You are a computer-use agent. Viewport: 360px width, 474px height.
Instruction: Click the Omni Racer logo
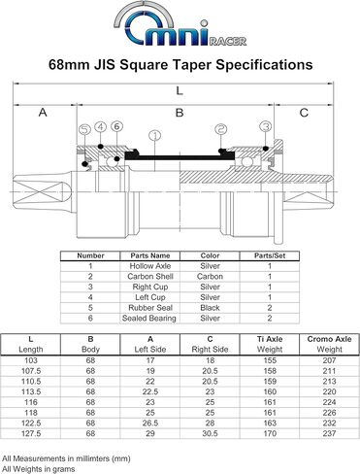[x=180, y=26]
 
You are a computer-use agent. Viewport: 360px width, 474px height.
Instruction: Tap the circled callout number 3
[x=265, y=126]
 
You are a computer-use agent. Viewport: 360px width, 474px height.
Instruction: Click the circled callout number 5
[x=84, y=129]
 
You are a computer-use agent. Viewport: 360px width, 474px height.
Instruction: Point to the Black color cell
[x=209, y=307]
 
